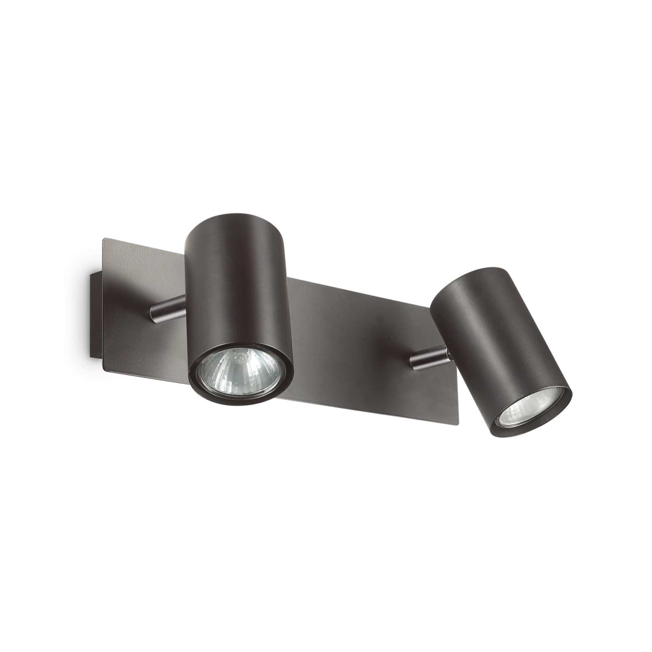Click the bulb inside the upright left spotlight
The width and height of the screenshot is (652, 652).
(x=240, y=372)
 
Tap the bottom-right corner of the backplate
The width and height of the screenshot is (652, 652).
(x=457, y=424)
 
